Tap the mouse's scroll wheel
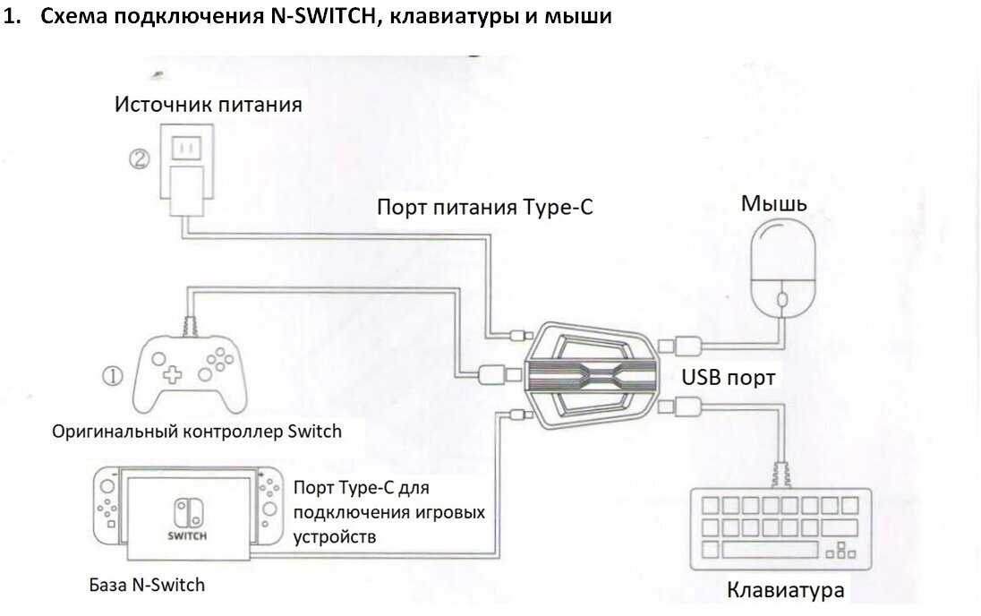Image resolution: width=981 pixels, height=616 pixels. coord(781,299)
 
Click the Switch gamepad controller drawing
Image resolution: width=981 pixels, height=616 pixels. coord(188,377)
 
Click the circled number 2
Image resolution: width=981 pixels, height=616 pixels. coord(139,160)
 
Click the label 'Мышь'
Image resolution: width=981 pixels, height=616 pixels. coord(773,204)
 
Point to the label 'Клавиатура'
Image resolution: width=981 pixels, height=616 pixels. coord(785,592)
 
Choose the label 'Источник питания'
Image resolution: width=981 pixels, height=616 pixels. coord(208,104)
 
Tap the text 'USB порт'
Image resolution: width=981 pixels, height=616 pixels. coord(729,378)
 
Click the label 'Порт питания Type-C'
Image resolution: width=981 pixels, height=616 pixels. coord(484,208)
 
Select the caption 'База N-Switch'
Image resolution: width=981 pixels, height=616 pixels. coord(147,585)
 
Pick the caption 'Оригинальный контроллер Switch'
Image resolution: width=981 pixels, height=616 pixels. coord(197,431)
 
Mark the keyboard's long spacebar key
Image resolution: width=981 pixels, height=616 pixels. coord(762,549)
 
